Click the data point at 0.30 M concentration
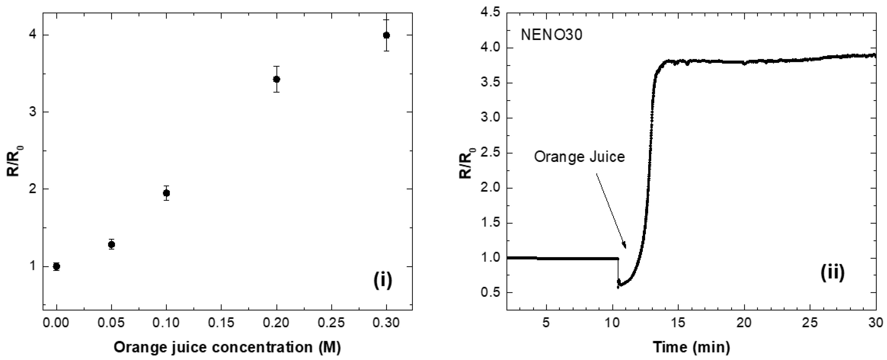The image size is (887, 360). (386, 35)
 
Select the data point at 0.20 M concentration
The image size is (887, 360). (276, 79)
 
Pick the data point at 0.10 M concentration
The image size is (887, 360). (166, 193)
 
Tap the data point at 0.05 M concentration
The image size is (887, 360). (111, 245)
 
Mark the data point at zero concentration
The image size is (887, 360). (56, 266)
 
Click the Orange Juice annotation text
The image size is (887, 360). (579, 157)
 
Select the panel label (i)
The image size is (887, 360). (383, 280)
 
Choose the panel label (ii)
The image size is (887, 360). (832, 273)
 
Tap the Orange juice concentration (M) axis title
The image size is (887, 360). (227, 347)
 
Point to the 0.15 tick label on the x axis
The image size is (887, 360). (221, 323)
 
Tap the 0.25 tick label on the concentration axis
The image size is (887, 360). (331, 323)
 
